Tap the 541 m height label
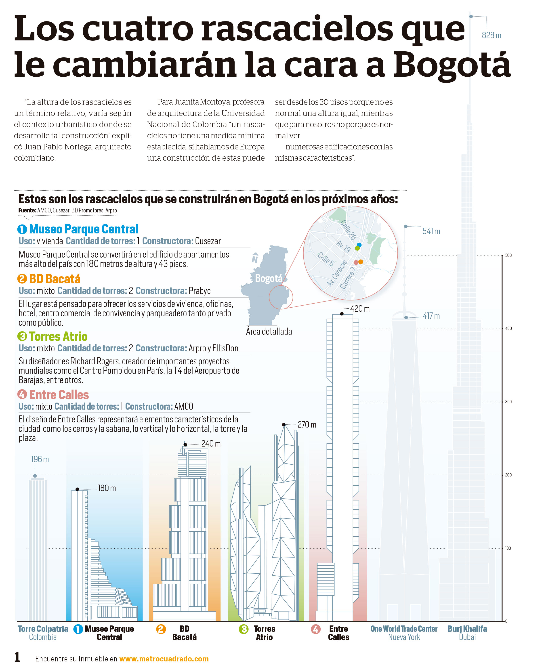coord(431,231)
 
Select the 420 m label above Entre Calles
coord(360,309)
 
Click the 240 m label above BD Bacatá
coord(211,444)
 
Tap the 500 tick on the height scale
coord(508,255)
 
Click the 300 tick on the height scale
coord(508,402)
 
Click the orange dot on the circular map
coord(361,262)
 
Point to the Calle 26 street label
coord(348,230)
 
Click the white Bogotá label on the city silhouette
coord(269,278)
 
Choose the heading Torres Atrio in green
coord(58,336)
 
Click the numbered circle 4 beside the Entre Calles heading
coord(22,394)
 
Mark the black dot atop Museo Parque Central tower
coord(77,489)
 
